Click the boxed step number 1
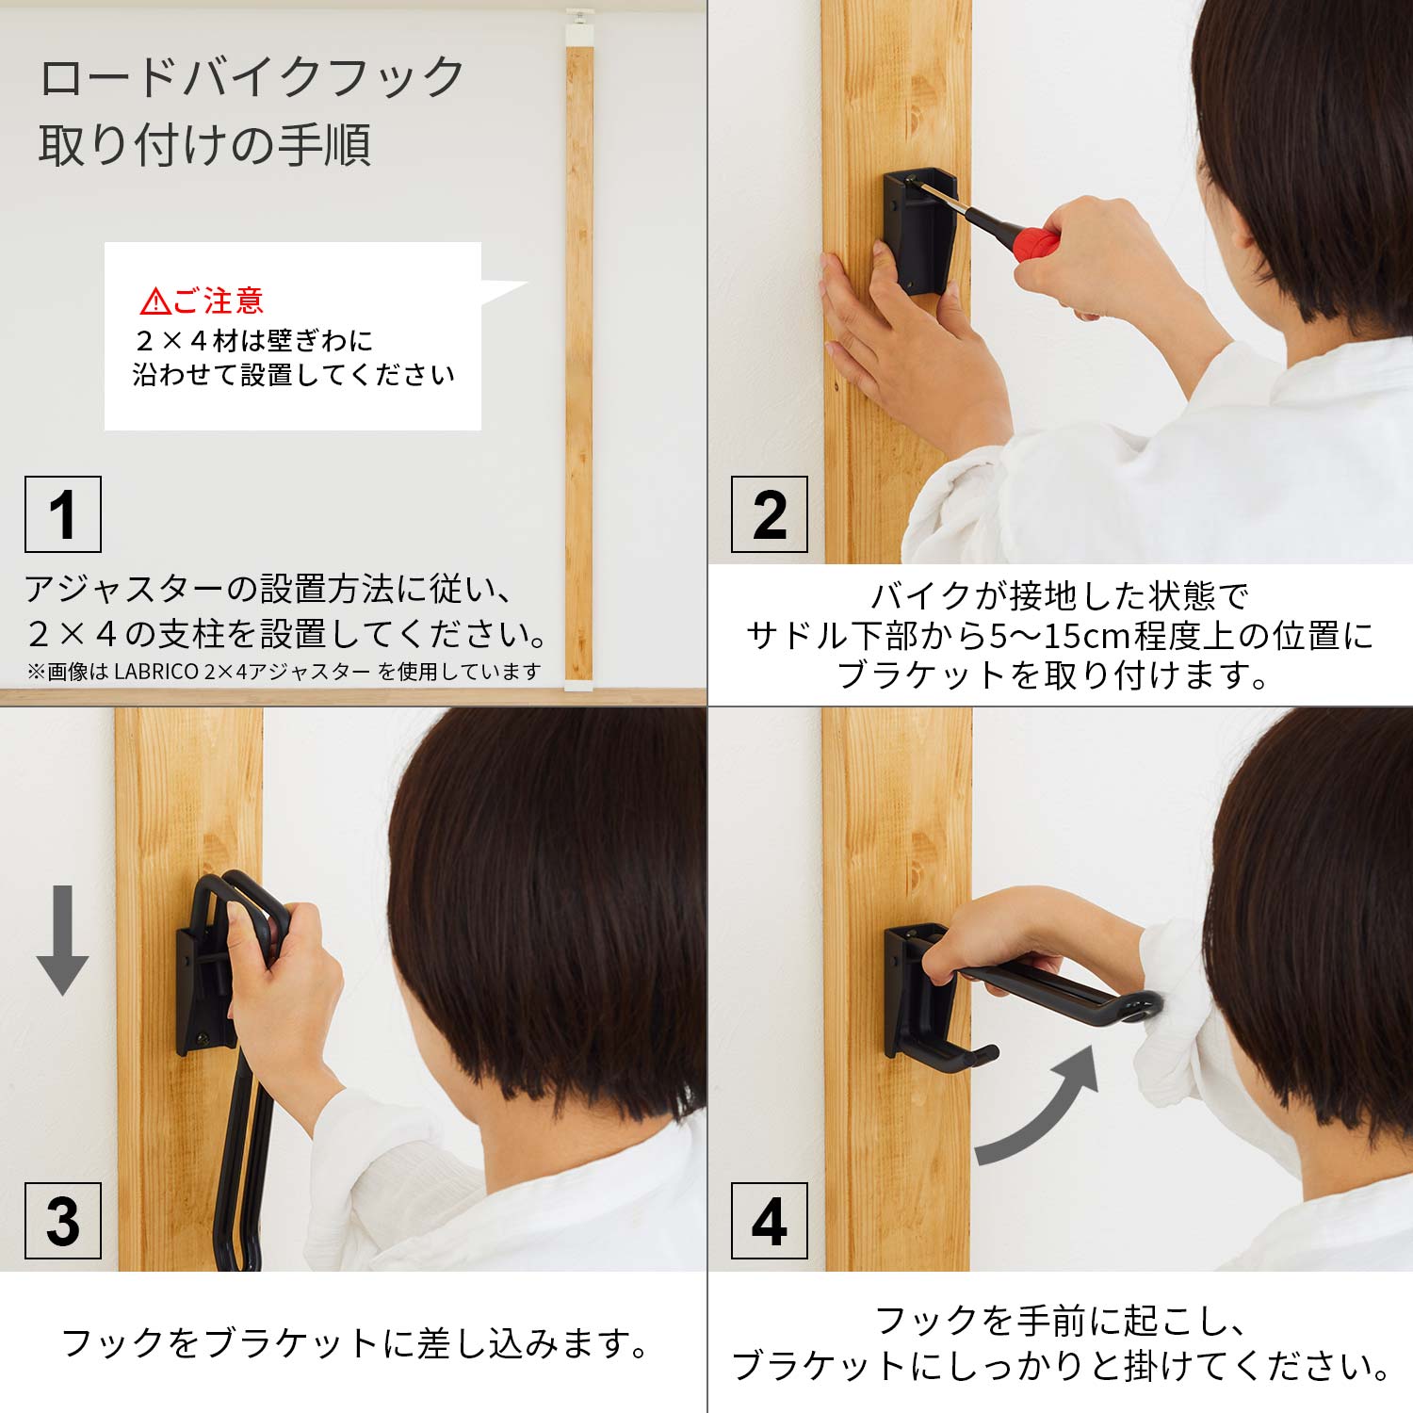63,514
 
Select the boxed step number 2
770,514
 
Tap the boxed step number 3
63,1221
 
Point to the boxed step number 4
770,1221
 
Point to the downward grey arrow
62,940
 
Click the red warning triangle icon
154,302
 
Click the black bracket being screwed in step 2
918,230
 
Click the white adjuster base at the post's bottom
578,685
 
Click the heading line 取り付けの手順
205,144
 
